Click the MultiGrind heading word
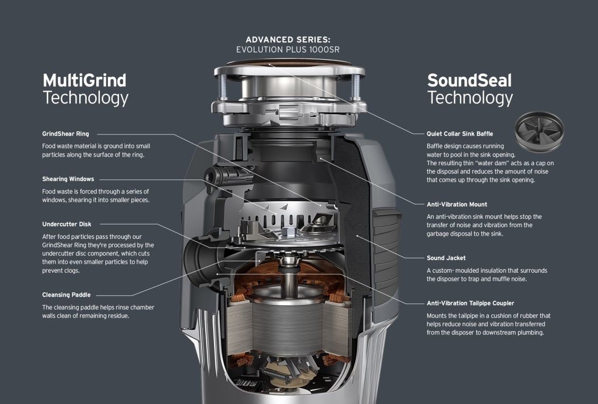[85, 80]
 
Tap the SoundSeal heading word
[470, 80]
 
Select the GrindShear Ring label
[66, 134]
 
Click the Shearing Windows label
[68, 179]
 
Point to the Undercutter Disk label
[67, 224]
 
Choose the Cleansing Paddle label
[66, 295]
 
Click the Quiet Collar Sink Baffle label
[459, 134]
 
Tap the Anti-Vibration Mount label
[457, 204]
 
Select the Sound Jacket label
[446, 258]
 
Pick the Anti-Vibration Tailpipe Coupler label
[470, 303]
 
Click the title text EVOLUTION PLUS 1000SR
[288, 49]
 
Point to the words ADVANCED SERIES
[288, 40]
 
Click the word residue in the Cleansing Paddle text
[117, 316]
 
